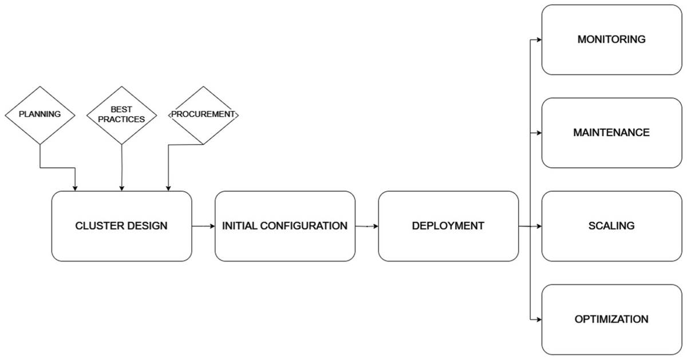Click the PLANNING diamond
click(x=40, y=114)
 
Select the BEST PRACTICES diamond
click(x=121, y=114)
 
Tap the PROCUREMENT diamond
click(x=203, y=114)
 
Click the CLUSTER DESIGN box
click(x=121, y=226)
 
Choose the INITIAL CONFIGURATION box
click(x=285, y=226)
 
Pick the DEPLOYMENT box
click(x=448, y=226)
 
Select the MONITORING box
click(x=611, y=39)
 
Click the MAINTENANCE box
click(x=611, y=133)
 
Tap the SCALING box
click(x=611, y=226)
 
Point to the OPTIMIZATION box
click(x=611, y=319)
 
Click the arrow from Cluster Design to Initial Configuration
click(x=203, y=226)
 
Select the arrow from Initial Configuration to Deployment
click(x=366, y=226)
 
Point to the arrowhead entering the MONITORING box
click(x=539, y=39)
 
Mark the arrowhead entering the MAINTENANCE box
click(x=539, y=133)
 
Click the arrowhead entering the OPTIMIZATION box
click(x=539, y=319)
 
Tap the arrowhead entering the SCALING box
click(x=539, y=226)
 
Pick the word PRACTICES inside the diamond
click(x=121, y=119)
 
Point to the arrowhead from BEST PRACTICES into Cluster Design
click(x=121, y=188)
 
